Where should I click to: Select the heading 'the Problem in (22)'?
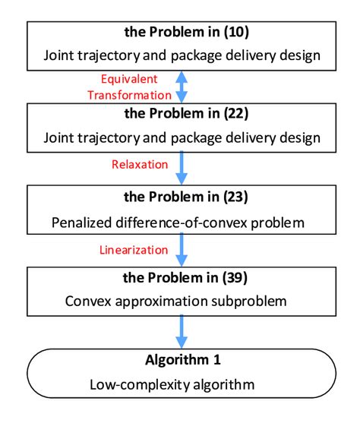[x=181, y=117]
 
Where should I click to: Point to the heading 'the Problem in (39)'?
[x=181, y=280]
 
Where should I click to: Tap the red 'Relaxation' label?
[x=133, y=162]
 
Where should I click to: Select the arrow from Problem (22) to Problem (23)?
[x=181, y=166]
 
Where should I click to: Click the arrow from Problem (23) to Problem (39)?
[x=181, y=248]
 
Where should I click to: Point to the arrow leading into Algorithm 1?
[x=181, y=330]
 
